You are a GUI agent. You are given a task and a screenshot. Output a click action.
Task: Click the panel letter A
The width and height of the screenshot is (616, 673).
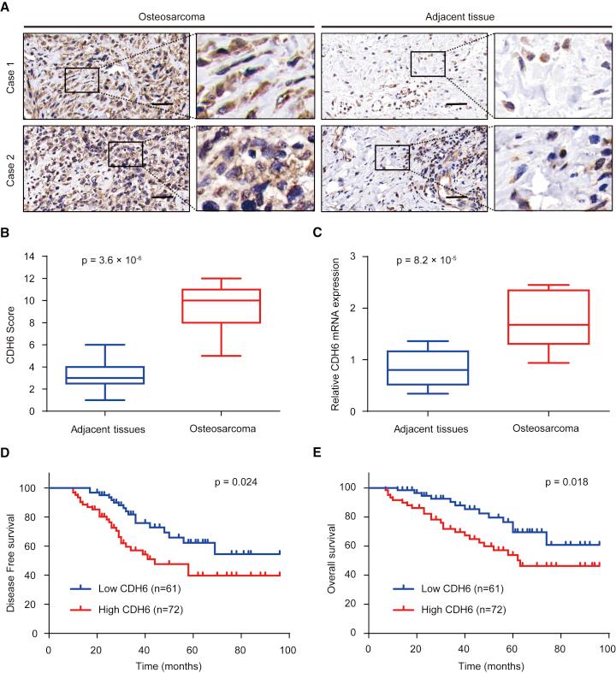coord(6,7)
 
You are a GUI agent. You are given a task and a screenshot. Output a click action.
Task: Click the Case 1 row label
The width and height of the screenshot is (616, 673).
coord(9,75)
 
